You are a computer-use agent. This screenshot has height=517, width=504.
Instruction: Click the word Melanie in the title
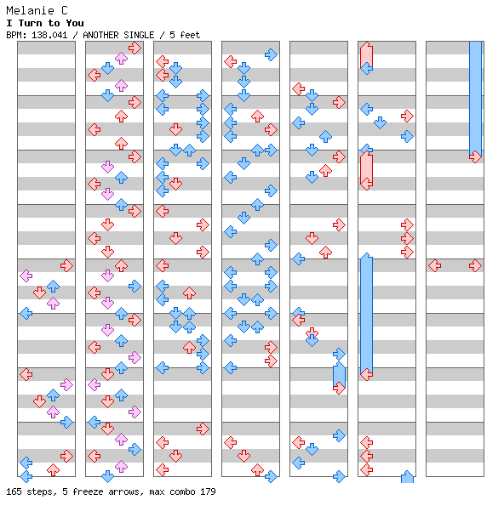[30, 11]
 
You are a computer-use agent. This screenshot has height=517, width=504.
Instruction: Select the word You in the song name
[75, 23]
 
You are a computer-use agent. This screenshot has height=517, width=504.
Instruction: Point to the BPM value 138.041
[49, 35]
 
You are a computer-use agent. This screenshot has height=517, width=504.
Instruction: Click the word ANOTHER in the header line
[100, 35]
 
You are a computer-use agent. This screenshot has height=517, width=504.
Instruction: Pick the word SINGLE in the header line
[139, 35]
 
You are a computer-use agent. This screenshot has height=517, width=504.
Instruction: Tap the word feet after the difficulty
[190, 35]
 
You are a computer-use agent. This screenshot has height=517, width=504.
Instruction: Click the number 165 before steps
[14, 491]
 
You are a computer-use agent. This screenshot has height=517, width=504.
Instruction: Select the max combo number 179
[208, 491]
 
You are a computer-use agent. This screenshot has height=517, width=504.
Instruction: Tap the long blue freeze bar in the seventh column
[475, 99]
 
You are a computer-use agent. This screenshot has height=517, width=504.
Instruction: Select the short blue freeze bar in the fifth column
[339, 375]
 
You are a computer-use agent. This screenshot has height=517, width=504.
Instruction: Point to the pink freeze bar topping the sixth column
[366, 55]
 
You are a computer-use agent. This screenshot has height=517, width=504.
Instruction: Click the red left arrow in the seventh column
[434, 265]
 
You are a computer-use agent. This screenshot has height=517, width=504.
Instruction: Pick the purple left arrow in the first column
[26, 276]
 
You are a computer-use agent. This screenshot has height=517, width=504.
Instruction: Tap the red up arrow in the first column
[53, 469]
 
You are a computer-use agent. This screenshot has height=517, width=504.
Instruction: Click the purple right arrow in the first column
[66, 384]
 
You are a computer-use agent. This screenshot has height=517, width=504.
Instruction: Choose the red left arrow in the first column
[26, 374]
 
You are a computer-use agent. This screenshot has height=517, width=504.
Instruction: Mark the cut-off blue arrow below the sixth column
[407, 477]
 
